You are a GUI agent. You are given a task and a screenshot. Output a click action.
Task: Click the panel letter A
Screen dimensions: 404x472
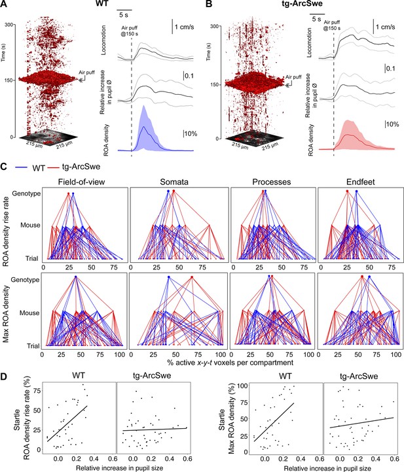point(4,4)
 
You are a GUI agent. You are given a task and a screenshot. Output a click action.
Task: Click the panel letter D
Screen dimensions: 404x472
point(4,377)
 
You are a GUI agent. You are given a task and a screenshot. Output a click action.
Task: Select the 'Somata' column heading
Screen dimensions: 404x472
point(174,182)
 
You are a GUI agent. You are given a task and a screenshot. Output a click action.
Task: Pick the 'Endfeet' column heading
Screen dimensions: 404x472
point(361,182)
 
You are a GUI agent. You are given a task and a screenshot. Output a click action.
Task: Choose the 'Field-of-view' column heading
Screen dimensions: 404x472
point(81,182)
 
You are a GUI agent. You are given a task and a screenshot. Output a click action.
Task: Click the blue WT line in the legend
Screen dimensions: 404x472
point(22,167)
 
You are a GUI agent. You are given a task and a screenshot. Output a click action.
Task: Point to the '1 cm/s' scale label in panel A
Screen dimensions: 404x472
point(184,27)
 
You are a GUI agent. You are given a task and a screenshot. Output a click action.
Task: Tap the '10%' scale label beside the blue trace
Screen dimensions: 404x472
point(191,133)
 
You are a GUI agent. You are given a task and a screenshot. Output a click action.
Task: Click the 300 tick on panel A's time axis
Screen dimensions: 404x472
point(9,25)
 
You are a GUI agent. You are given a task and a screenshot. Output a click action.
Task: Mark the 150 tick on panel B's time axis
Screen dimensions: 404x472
point(214,84)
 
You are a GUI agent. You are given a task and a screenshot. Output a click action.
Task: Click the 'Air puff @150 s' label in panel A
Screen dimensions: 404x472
point(130,31)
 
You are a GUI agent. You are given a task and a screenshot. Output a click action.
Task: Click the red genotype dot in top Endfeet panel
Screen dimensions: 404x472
point(347,191)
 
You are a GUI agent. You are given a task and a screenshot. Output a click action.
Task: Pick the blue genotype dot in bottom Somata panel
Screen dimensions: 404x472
point(168,277)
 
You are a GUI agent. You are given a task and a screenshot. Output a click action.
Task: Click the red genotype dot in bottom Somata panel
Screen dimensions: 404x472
point(192,277)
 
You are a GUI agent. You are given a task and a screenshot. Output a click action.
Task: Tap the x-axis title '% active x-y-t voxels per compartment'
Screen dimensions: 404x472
point(230,362)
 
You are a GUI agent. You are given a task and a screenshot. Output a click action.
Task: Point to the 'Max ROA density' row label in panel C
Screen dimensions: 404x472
point(6,314)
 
